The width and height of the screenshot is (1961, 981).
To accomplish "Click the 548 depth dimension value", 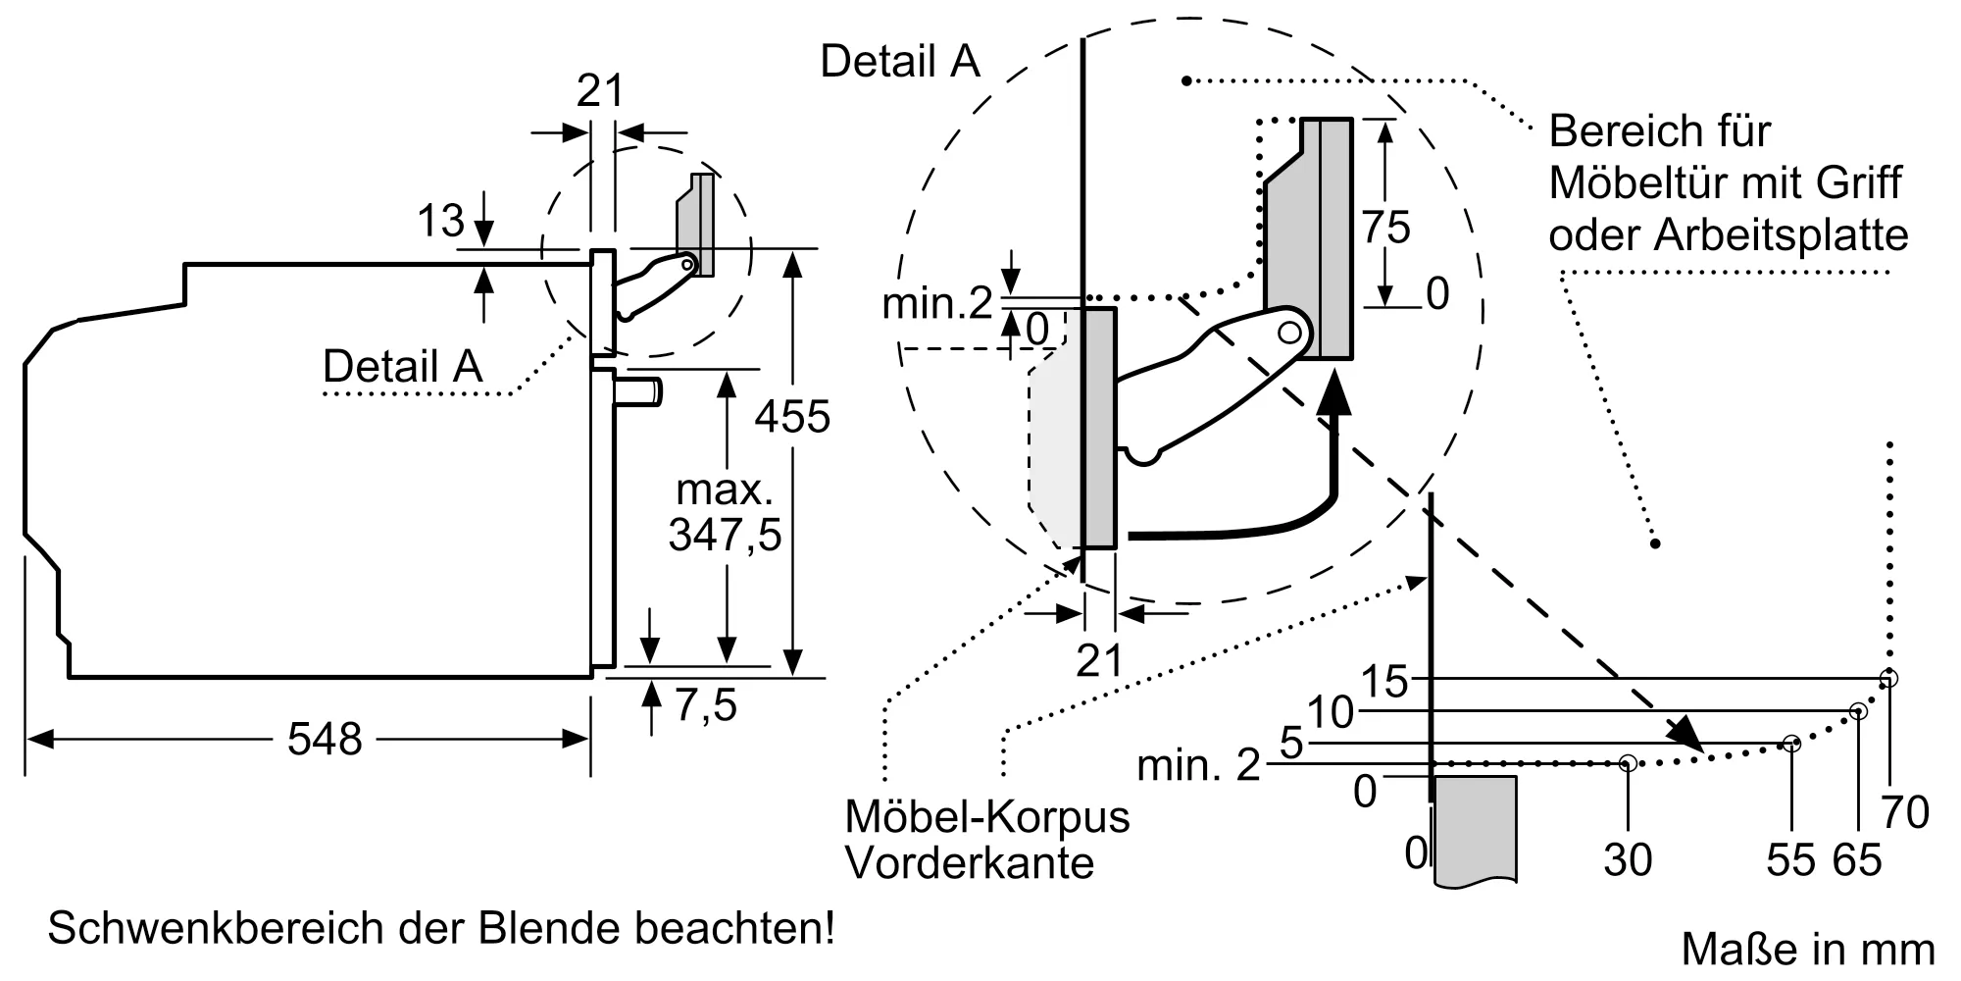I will coord(325,739).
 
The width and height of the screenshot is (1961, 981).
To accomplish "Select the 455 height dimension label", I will coord(792,417).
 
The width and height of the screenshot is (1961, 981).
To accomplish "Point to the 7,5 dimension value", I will coord(705,705).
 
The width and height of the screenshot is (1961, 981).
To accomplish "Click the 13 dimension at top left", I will coord(440,221).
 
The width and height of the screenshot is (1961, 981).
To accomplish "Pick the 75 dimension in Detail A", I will coord(1385,228).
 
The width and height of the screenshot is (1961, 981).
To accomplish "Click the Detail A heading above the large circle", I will coord(900,61).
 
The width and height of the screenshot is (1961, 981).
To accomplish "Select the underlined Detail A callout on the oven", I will coord(402,367).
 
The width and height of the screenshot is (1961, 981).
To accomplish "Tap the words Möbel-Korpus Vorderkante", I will coord(986,840).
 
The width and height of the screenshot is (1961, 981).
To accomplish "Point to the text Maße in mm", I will coord(1808,950).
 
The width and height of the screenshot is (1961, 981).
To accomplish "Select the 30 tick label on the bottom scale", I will coord(1628,860).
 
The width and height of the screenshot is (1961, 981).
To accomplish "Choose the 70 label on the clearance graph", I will coord(1905,812).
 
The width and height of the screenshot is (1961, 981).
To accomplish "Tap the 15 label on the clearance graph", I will coord(1384,681).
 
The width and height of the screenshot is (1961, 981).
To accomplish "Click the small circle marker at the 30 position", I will coord(1628,762).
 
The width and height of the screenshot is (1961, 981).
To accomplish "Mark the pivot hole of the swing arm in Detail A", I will coord(1289,333).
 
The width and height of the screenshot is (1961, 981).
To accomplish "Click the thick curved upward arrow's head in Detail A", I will coord(1332,398).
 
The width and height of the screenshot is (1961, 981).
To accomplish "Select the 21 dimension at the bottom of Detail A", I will coord(1098,660).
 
